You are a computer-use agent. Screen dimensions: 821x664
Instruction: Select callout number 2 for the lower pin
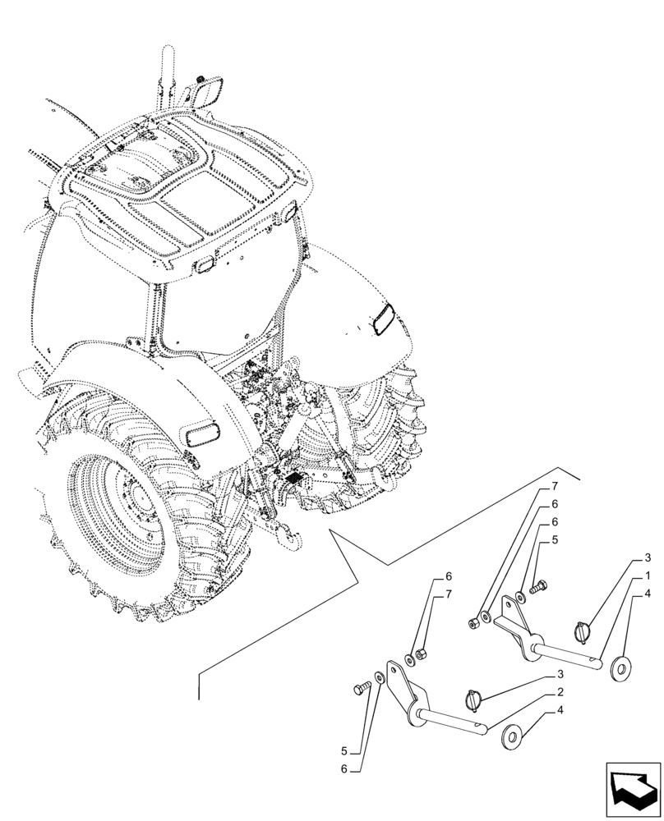pos(560,692)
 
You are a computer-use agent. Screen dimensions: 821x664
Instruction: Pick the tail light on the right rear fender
pos(381,319)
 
